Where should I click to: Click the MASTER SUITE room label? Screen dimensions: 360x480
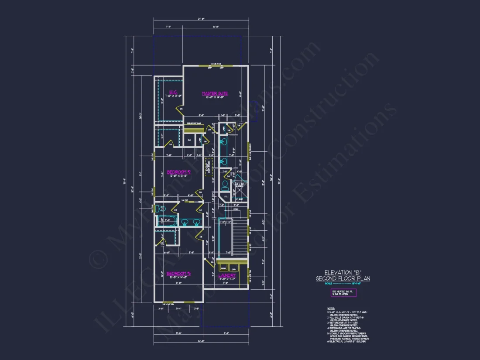[214, 93]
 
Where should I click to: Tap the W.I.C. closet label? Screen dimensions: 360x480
[172, 92]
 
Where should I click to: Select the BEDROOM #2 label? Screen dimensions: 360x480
[179, 171]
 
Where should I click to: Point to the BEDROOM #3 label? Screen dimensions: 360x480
[178, 274]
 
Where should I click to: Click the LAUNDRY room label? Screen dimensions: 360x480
[227, 275]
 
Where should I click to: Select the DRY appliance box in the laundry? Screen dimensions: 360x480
[233, 268]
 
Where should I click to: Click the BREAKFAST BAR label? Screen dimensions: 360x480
[194, 123]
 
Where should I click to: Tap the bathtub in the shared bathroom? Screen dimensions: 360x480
[168, 221]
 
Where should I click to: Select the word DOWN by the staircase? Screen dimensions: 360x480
[236, 209]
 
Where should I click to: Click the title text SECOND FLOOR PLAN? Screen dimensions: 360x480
[343, 278]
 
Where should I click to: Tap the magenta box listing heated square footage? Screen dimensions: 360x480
[343, 293]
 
